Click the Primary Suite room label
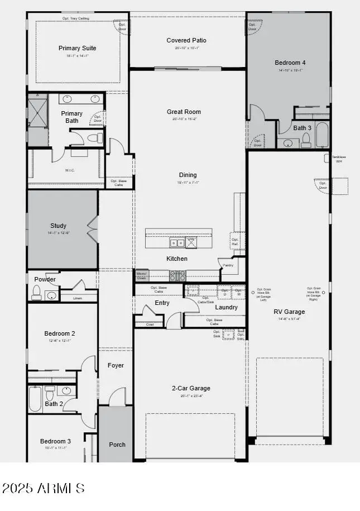[x=77, y=49]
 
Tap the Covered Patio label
[x=186, y=40]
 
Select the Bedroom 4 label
[x=290, y=63]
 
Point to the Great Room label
[x=184, y=112]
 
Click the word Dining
[x=188, y=175]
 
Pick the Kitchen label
[x=177, y=259]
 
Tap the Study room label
[x=58, y=226]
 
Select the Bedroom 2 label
[x=60, y=333]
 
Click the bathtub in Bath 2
[x=35, y=398]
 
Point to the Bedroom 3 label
[x=55, y=441]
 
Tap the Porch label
[x=117, y=445]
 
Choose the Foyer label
[x=116, y=365]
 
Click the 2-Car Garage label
[x=191, y=388]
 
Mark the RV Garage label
[x=289, y=312]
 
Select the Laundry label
[x=226, y=307]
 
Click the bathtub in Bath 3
[x=322, y=135]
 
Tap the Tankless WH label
[x=339, y=159]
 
